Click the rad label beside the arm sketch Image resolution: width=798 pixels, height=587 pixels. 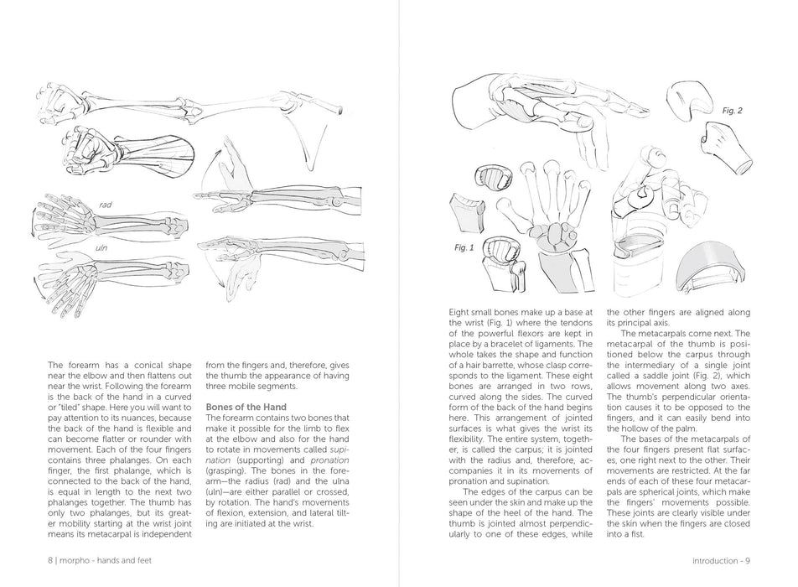point(106,205)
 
